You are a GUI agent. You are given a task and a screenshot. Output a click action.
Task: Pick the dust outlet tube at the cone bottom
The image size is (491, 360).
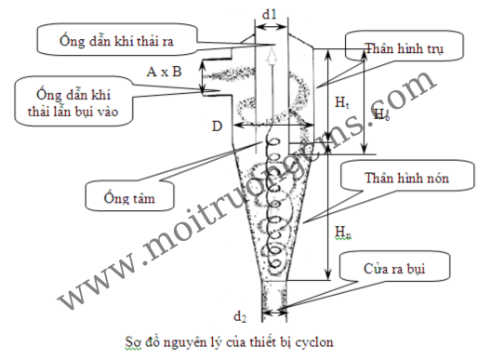click(274, 297)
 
